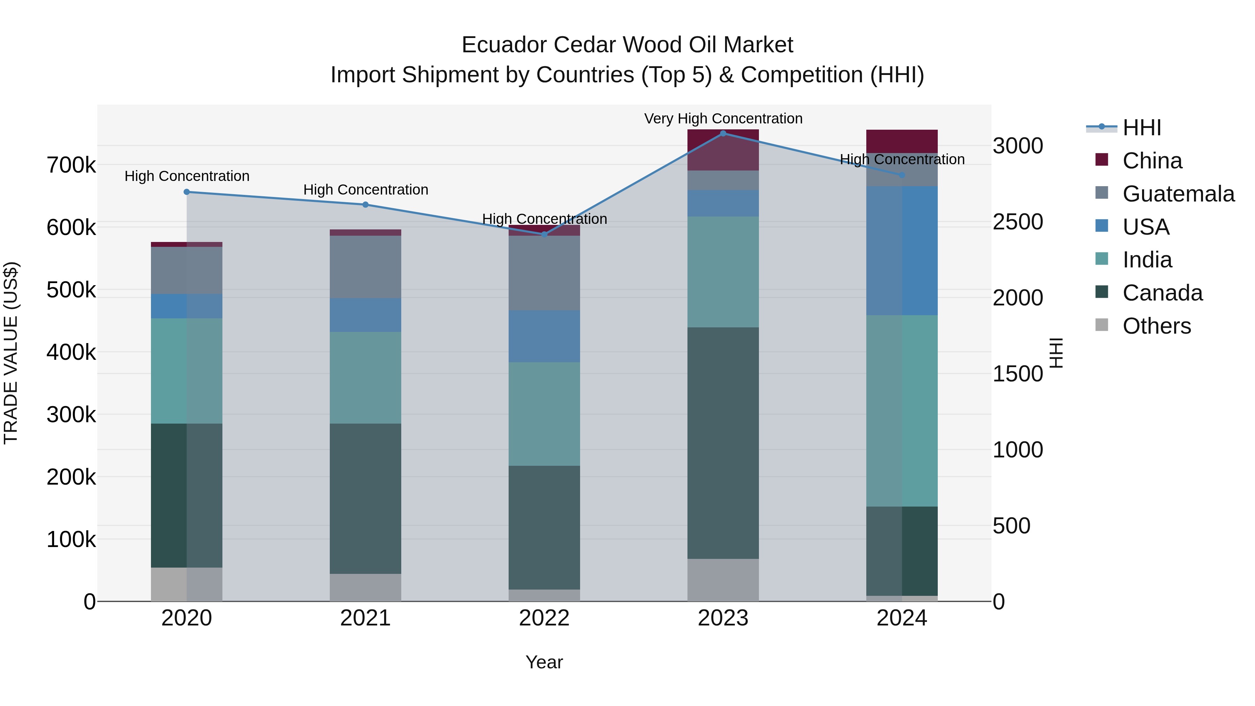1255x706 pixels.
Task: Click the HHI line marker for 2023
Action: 723,133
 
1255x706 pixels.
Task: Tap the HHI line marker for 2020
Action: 187,192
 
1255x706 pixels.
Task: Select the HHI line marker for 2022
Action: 544,234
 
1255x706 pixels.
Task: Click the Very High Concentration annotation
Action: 723,119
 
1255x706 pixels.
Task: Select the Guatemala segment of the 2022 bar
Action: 544,273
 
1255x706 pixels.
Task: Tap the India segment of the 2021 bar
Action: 365,378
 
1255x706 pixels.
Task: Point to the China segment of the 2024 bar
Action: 902,141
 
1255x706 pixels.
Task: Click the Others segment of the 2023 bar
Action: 723,580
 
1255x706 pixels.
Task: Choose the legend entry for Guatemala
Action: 1178,194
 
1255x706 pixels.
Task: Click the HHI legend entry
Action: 1141,128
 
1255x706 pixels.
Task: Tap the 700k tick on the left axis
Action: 71,166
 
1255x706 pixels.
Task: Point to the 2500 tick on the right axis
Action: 1018,222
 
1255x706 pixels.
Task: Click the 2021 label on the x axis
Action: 365,618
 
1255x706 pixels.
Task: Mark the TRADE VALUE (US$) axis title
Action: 11,353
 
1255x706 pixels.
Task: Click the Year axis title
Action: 544,662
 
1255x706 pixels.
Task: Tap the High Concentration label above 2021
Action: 365,190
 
